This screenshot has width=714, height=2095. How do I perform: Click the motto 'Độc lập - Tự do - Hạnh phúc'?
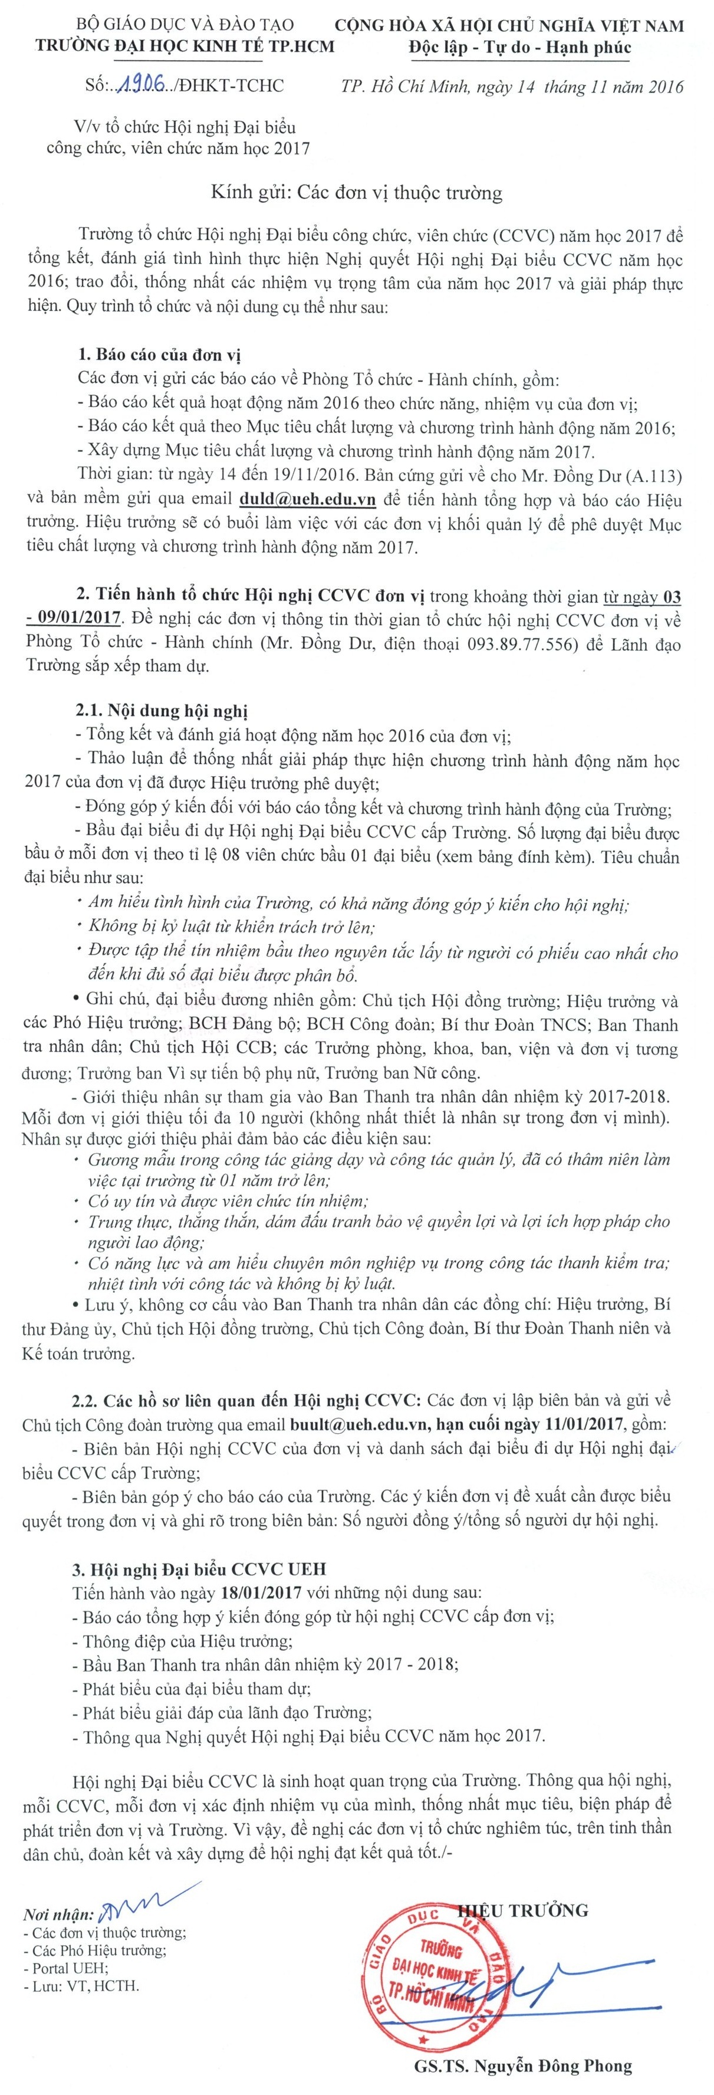pos(521,47)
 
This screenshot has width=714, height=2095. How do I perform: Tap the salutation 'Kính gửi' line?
pos(356,193)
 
